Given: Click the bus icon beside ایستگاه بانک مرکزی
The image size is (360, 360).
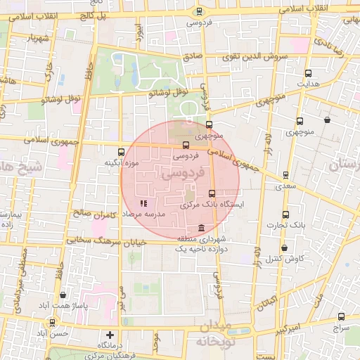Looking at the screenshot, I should (212, 193).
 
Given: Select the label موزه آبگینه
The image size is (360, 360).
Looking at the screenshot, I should (118, 163).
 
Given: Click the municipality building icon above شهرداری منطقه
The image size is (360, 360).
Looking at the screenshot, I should (202, 229).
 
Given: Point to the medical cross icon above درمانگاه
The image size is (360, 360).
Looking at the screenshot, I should (109, 335).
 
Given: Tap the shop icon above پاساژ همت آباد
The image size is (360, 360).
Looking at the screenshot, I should (64, 295).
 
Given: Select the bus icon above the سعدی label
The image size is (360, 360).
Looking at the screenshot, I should (285, 175).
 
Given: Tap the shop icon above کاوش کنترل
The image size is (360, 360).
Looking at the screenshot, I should (284, 248).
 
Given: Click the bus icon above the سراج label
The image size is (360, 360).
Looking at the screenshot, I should (341, 317).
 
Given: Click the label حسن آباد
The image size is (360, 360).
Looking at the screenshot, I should (53, 333).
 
